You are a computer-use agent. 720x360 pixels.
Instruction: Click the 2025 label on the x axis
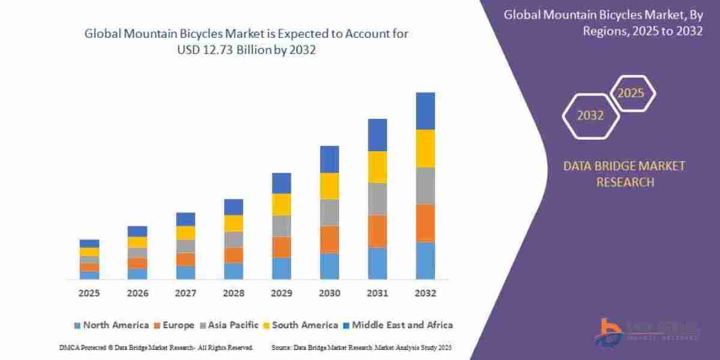click(x=89, y=293)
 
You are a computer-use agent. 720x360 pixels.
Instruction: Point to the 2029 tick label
click(x=281, y=293)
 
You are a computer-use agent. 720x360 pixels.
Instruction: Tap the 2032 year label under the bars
click(x=425, y=293)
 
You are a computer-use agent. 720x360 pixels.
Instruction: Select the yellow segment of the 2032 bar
click(x=425, y=148)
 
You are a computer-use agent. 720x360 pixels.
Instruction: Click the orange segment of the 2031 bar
click(x=377, y=231)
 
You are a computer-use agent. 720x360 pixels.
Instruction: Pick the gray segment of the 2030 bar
click(x=329, y=212)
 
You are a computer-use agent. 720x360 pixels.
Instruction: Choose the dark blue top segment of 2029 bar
click(x=281, y=183)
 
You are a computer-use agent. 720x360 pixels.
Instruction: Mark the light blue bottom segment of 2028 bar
click(x=233, y=271)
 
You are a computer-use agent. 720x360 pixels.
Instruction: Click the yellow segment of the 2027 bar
click(x=185, y=233)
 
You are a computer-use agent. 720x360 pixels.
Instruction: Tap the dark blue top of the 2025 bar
click(x=89, y=244)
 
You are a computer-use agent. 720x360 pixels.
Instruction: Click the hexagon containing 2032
click(x=590, y=116)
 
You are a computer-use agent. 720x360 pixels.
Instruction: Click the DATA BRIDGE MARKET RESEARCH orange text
click(x=624, y=174)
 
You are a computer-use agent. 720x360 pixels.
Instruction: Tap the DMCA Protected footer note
click(x=156, y=347)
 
